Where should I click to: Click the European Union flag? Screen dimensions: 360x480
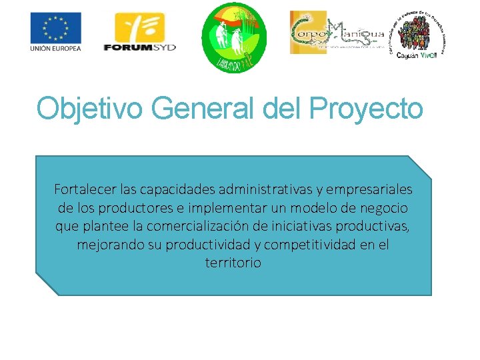point(55,28)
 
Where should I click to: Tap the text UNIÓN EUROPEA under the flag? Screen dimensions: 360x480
point(55,49)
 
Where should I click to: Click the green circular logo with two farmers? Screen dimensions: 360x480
point(233,37)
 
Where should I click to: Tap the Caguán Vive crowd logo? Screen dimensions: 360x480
point(419,35)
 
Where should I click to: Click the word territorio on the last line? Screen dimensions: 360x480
point(233,263)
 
